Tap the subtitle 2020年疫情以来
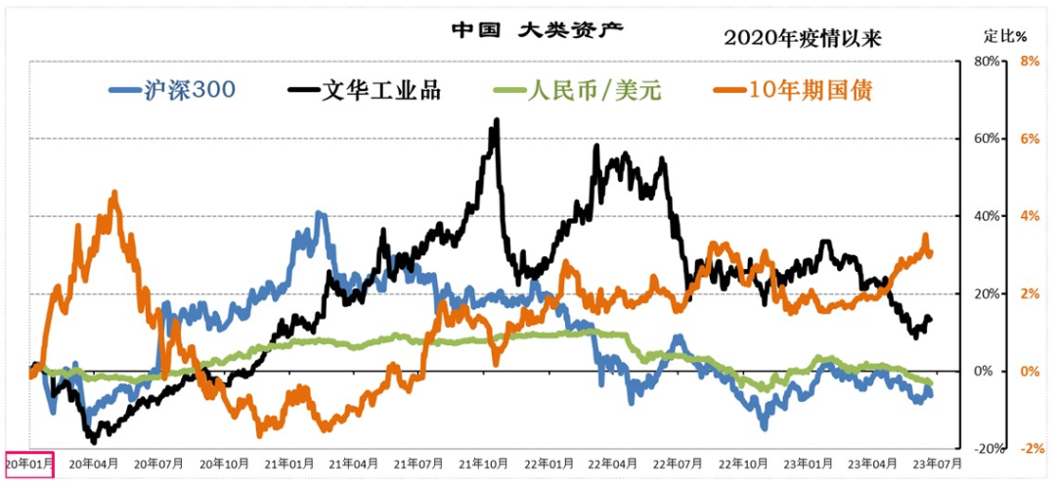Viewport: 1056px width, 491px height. point(803,38)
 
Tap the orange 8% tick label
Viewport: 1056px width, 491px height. point(1029,61)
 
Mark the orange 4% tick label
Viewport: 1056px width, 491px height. point(1029,215)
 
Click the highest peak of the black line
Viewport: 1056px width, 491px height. point(497,121)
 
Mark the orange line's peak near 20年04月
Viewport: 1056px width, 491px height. point(114,194)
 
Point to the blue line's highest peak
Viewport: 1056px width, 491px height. point(319,213)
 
